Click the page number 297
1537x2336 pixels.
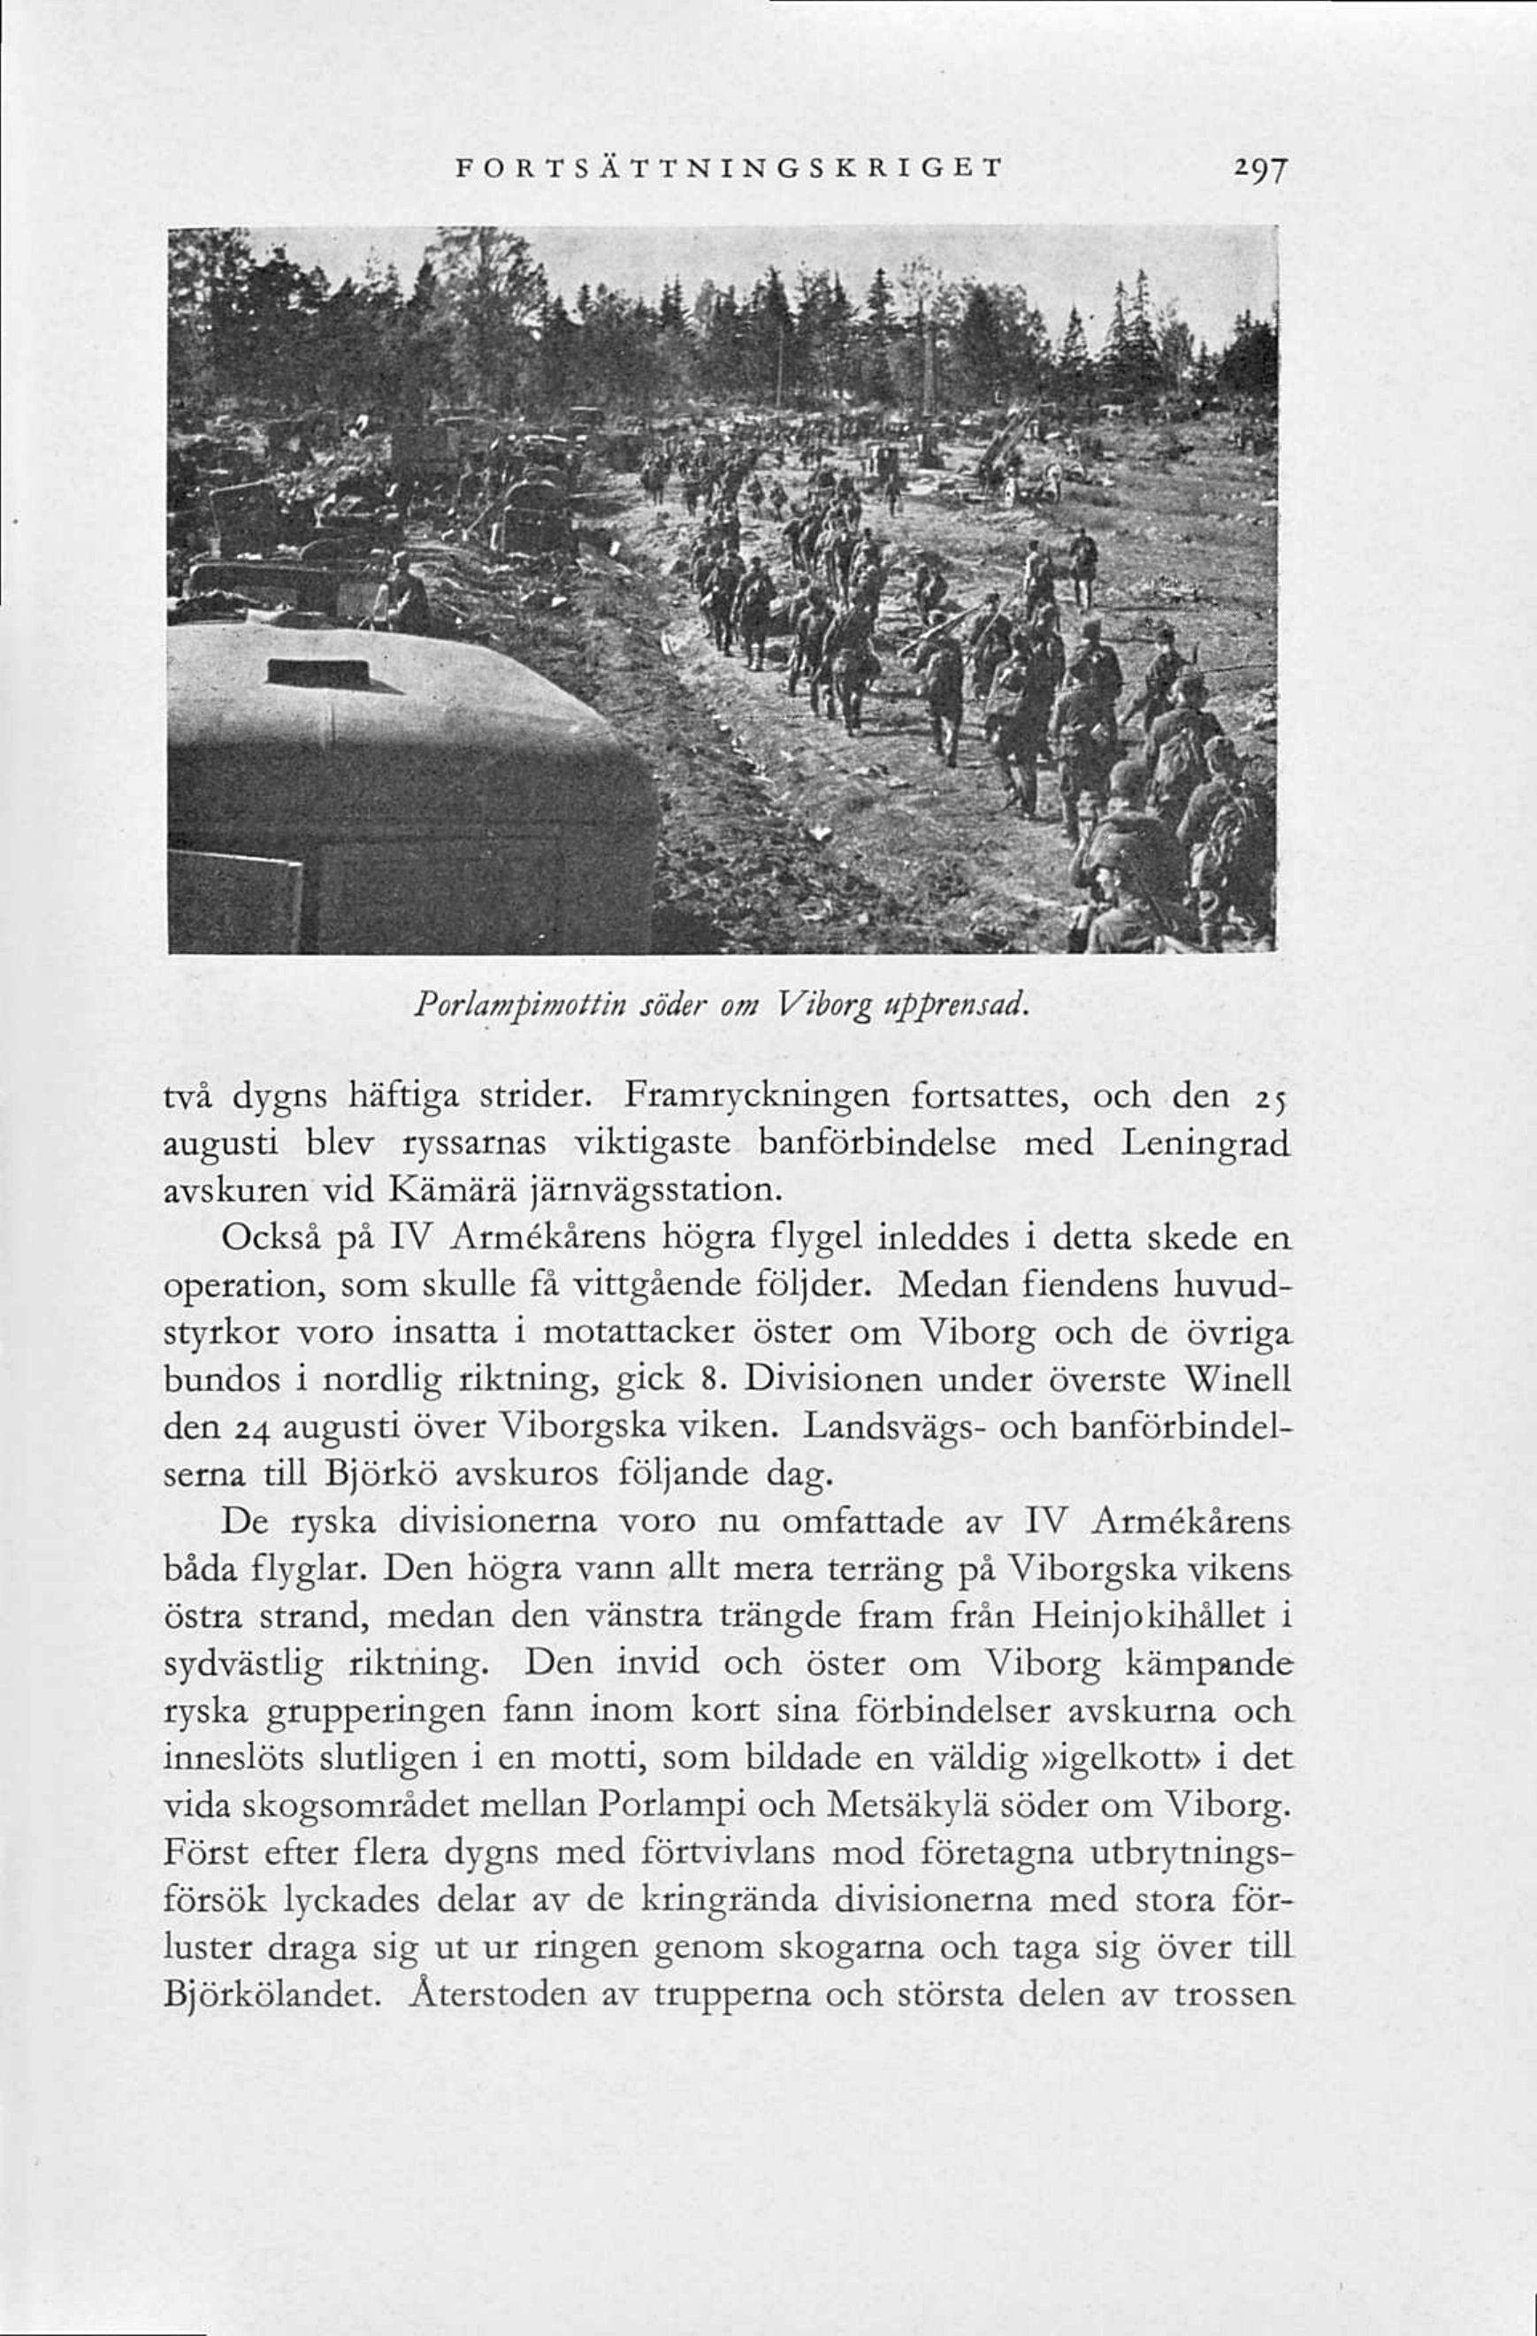pos(1254,172)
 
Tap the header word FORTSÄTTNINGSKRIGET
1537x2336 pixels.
pos(728,168)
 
